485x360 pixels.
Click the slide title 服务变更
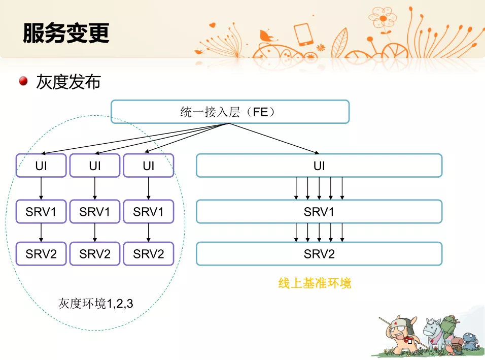point(66,33)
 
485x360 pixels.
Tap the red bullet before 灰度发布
point(23,81)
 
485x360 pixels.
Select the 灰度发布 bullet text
point(68,82)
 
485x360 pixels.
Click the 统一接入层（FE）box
point(230,112)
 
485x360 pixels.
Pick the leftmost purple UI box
point(41,166)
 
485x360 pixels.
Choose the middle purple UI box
point(95,166)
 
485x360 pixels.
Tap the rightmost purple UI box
point(149,166)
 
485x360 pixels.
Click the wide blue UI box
point(319,166)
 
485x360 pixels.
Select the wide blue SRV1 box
point(319,212)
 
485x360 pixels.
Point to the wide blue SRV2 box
point(319,254)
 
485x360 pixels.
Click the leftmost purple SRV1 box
point(41,212)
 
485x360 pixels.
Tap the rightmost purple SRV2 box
point(149,254)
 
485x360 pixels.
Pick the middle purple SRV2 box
point(95,254)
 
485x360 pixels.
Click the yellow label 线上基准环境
point(315,283)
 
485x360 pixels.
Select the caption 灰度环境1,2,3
point(95,303)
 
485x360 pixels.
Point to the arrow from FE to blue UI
point(274,139)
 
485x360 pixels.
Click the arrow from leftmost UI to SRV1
point(41,188)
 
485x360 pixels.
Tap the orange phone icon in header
point(303,34)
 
